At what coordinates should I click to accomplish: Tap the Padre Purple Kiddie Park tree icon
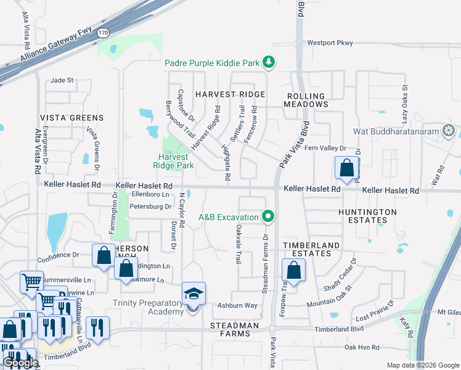[x=268, y=62]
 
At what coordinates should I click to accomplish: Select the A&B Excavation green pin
[x=267, y=216]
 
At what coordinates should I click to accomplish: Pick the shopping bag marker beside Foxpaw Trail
[x=294, y=270]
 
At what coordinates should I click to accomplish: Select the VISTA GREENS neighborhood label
[x=72, y=118]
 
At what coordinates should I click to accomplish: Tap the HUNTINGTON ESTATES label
[x=368, y=216]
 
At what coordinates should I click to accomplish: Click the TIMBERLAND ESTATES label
[x=311, y=250]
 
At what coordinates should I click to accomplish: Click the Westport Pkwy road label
[x=330, y=43]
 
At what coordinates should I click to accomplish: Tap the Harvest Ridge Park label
[x=173, y=161]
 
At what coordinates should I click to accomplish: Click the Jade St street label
[x=62, y=80]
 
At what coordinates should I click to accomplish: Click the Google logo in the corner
[x=20, y=363]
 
